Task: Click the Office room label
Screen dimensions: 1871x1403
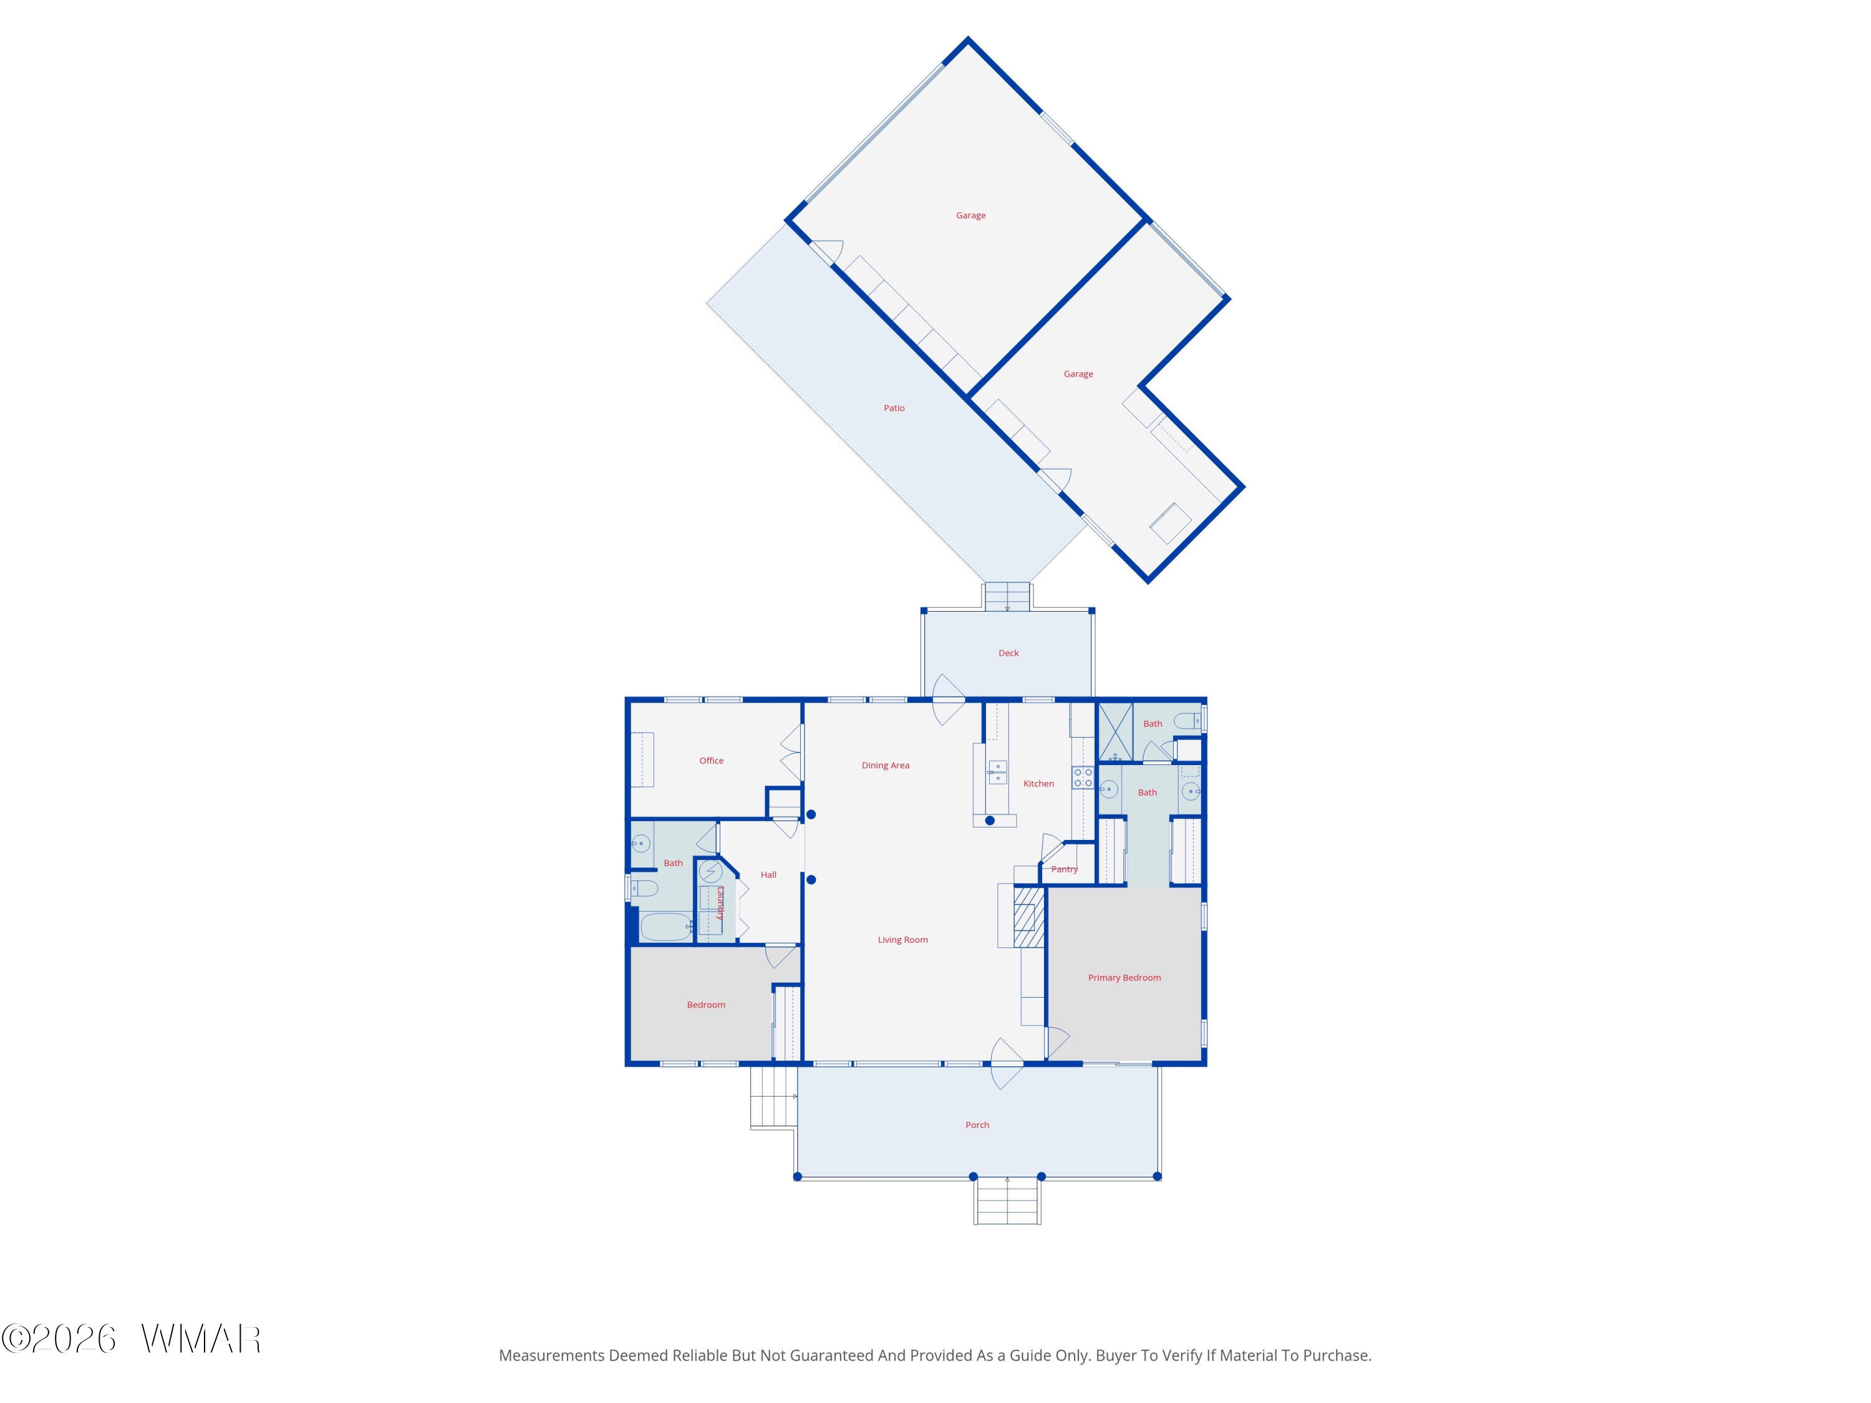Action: [712, 760]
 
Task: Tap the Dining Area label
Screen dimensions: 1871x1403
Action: [886, 765]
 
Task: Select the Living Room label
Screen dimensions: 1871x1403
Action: [902, 940]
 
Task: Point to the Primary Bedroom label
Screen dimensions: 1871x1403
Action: [1124, 978]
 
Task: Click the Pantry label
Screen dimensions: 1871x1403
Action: [1064, 869]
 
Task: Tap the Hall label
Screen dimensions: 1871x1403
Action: [768, 874]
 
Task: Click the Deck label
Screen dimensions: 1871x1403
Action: [1008, 653]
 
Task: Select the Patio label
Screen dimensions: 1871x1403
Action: [894, 408]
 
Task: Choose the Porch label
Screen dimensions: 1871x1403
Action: [977, 1125]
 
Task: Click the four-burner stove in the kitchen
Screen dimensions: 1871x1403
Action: [1083, 777]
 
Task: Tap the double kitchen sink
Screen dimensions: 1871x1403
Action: [997, 772]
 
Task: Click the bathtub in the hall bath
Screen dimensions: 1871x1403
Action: [665, 926]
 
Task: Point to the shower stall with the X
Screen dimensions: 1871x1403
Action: [1115, 730]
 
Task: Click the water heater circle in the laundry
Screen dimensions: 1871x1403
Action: [710, 871]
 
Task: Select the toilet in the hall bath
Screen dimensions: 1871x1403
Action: [643, 888]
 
